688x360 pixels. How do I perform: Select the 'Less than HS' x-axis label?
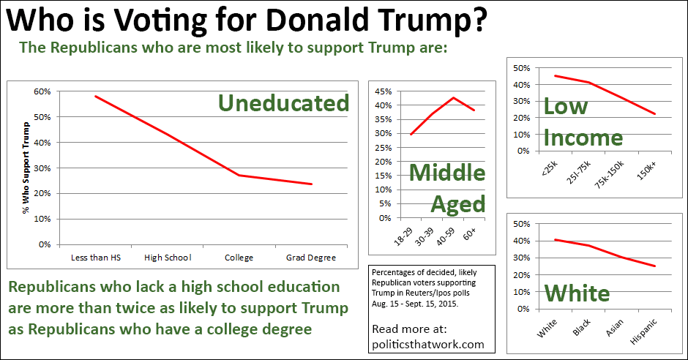tap(95, 258)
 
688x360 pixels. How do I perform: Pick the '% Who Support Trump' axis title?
tap(26, 168)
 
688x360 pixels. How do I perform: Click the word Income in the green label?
tap(583, 138)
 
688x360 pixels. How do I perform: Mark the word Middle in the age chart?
tap(446, 173)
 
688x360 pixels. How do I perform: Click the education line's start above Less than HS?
tap(95, 96)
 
